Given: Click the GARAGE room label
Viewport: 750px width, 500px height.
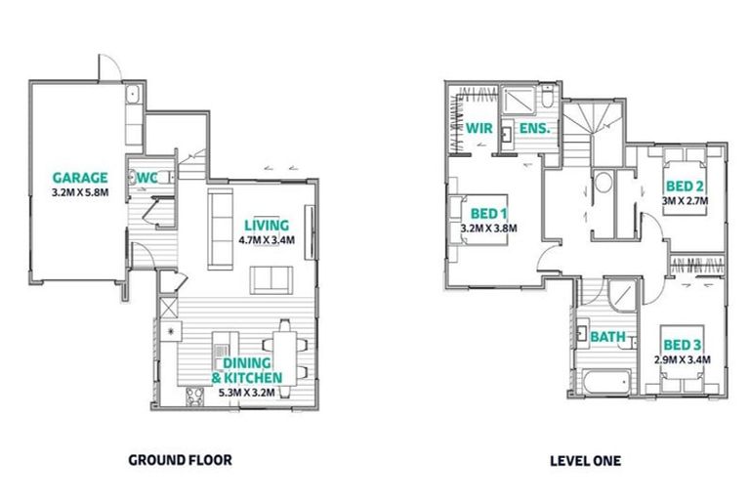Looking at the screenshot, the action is (80, 178).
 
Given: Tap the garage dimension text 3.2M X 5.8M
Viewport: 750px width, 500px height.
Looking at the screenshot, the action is (80, 193).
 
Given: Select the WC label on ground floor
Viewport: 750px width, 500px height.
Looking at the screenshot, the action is (146, 178).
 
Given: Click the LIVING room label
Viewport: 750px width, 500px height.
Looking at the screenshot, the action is (267, 225).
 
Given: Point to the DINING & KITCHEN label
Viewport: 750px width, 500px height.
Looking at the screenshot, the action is (247, 370).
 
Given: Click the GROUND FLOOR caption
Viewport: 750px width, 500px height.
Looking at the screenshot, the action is (180, 460).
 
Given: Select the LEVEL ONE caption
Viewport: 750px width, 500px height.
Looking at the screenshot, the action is (586, 461).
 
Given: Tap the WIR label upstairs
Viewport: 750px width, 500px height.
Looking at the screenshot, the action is (479, 128).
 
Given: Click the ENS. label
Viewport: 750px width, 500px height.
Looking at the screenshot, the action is (535, 128).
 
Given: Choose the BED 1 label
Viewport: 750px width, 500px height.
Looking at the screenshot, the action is (489, 214).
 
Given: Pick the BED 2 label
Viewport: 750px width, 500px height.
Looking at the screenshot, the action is (685, 186).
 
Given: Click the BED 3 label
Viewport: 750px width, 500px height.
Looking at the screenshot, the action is (682, 345).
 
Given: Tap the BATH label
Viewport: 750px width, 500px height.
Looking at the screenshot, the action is (608, 337).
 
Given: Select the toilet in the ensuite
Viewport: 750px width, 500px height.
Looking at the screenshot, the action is (548, 96).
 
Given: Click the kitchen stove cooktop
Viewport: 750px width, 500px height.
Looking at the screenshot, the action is (194, 396).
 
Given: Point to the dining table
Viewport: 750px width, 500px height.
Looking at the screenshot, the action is (284, 357).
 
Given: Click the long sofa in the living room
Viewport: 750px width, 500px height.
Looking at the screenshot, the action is (221, 229).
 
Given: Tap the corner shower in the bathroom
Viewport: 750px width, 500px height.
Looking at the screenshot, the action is (623, 296).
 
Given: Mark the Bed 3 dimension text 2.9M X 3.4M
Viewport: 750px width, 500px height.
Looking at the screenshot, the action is (682, 359).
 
